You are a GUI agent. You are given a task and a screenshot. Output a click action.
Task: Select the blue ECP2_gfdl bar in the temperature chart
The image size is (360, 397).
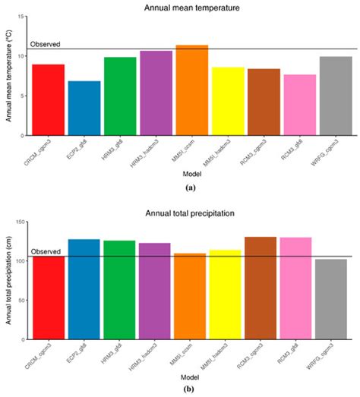(84, 108)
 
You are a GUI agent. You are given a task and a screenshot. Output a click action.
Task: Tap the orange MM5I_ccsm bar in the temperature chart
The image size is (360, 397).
(191, 90)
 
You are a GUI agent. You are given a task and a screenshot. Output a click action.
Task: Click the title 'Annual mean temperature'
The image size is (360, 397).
(191, 8)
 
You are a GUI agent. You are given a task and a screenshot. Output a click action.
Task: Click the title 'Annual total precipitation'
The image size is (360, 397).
(191, 214)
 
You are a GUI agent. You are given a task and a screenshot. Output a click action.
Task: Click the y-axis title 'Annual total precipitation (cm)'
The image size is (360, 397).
(8, 281)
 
